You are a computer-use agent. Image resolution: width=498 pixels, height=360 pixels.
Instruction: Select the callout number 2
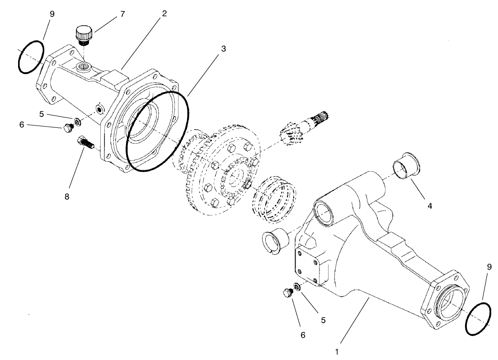click(x=164, y=13)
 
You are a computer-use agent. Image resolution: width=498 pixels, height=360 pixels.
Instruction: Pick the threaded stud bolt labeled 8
click(x=86, y=144)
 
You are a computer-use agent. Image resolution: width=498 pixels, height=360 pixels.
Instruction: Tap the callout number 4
click(x=430, y=206)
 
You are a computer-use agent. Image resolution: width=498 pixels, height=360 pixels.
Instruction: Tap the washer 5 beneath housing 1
click(x=297, y=286)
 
